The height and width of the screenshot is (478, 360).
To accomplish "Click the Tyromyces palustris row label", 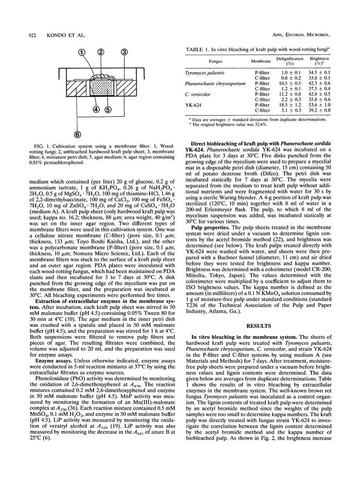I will [x=214, y=71].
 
